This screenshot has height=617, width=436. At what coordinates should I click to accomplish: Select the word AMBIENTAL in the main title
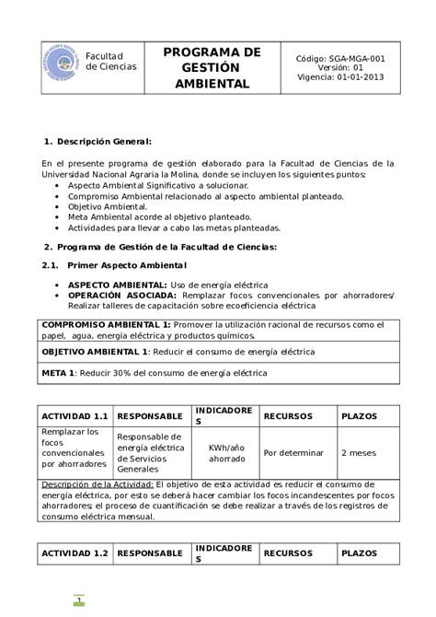pos(212,83)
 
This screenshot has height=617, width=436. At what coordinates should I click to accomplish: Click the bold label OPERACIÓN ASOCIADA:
pos(122,296)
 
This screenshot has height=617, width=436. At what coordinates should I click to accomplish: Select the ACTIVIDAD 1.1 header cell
pos(75,416)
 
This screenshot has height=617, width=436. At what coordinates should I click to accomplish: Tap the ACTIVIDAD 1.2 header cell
pos(75,553)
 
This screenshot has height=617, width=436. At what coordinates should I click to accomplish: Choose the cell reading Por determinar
pos(293,452)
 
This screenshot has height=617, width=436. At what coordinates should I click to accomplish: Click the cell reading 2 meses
pos(358,452)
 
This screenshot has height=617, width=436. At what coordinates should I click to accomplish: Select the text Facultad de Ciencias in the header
pos(110,62)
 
